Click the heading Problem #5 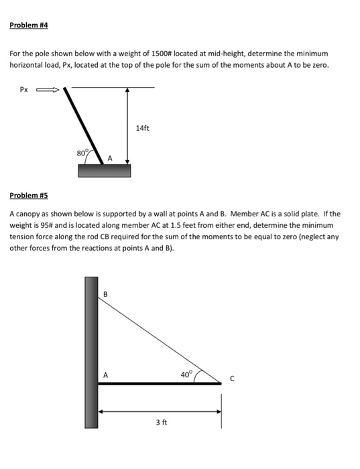point(29,196)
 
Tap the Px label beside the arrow point(24,87)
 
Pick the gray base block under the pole point(104,170)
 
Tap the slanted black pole point(83,124)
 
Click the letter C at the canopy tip point(232,379)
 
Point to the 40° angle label point(186,373)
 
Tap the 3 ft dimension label point(161,423)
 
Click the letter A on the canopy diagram point(104,375)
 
